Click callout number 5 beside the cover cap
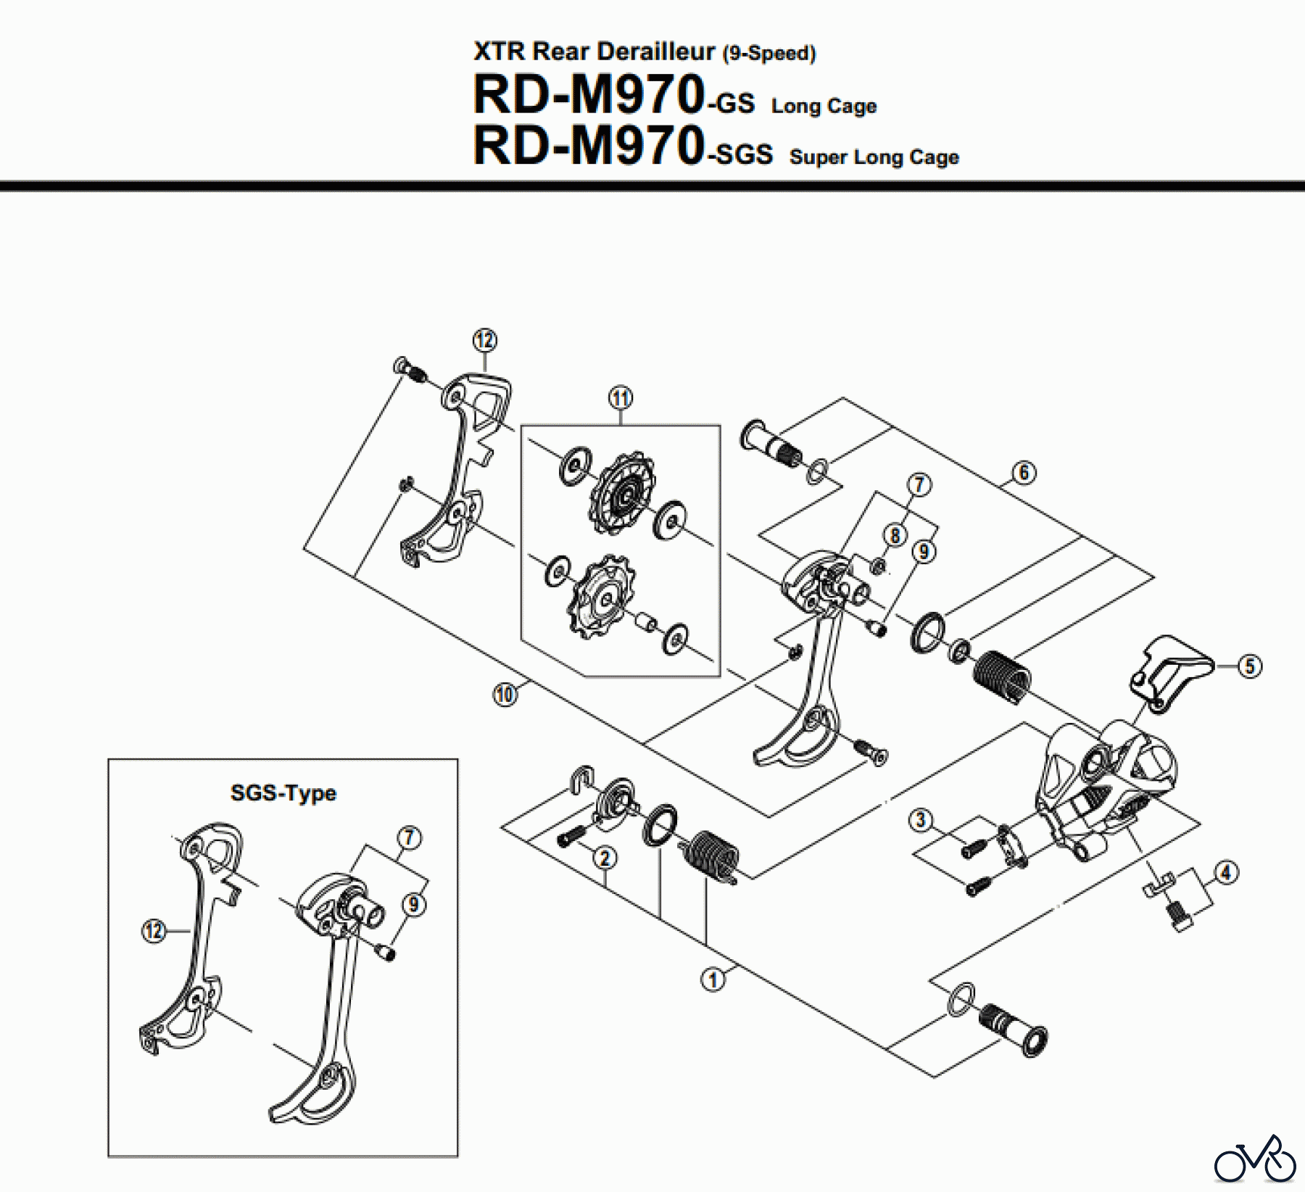point(1249,666)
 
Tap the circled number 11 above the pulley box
point(620,398)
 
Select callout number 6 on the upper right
point(1024,473)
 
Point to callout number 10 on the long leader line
point(505,695)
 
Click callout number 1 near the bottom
point(713,980)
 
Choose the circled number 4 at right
point(1226,872)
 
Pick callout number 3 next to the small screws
point(921,820)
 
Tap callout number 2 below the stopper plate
point(605,858)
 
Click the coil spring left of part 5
point(1001,675)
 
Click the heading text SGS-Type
point(283,792)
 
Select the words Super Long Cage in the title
point(874,157)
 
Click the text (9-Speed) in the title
point(769,54)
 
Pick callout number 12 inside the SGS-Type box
point(154,931)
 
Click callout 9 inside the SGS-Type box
point(413,904)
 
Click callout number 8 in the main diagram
point(895,536)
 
